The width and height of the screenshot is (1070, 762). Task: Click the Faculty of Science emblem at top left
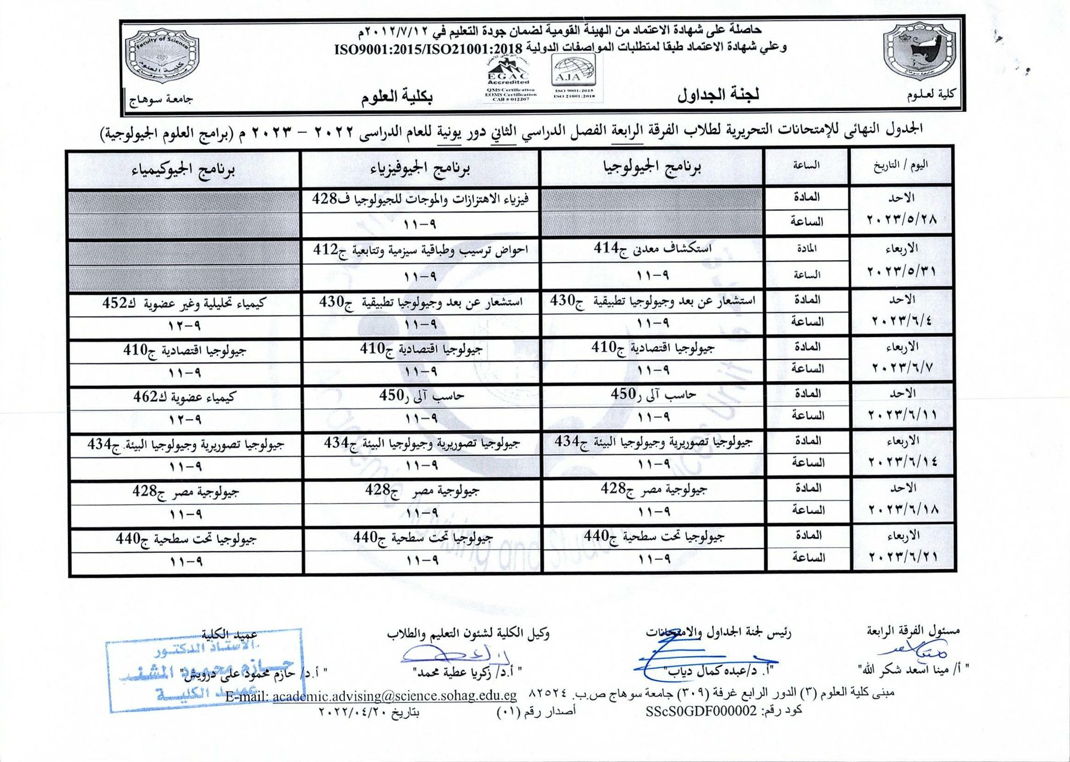click(x=162, y=56)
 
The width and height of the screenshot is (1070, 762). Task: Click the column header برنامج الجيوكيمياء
click(x=184, y=169)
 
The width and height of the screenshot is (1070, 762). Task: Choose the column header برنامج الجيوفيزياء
click(x=420, y=168)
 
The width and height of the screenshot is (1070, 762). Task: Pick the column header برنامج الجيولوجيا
click(x=652, y=167)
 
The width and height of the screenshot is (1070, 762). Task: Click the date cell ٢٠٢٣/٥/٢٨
click(x=902, y=219)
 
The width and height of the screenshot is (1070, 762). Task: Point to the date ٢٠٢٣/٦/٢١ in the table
click(x=904, y=557)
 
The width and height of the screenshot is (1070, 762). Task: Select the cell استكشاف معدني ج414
click(x=653, y=248)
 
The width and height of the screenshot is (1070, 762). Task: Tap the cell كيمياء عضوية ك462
click(x=184, y=397)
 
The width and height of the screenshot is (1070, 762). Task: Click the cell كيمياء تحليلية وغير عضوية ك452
click(x=184, y=303)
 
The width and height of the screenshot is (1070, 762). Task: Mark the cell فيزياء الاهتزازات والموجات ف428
click(x=421, y=199)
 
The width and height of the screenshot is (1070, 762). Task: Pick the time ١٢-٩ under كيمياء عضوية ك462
click(x=184, y=420)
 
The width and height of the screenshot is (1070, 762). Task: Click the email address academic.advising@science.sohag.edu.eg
click(x=394, y=696)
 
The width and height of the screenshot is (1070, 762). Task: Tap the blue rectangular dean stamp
click(x=205, y=671)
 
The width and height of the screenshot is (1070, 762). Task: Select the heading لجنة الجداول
click(x=718, y=95)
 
